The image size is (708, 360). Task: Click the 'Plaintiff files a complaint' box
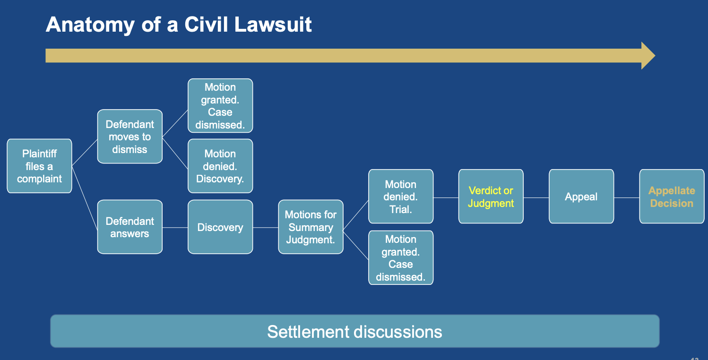tap(39, 166)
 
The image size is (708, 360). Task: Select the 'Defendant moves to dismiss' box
tap(130, 137)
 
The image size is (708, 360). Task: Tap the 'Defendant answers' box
tap(130, 227)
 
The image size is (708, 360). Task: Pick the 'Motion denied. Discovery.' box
tap(220, 166)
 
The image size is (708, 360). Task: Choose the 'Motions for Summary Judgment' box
tap(311, 227)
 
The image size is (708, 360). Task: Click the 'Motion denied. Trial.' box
tap(401, 197)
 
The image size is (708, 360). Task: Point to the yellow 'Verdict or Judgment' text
tap(491, 197)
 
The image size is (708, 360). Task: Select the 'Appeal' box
tap(581, 197)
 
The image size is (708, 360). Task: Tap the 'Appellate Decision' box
tap(672, 197)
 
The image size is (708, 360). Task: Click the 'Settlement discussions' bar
tap(354, 331)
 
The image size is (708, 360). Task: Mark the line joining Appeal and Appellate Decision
tap(627, 197)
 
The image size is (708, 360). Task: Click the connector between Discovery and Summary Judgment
tap(266, 228)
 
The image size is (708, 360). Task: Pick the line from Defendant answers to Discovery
tap(175, 228)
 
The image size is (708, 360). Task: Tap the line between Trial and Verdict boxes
tap(446, 197)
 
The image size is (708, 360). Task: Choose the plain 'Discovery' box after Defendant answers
tap(220, 227)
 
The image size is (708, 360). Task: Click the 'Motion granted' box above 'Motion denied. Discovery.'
tap(220, 106)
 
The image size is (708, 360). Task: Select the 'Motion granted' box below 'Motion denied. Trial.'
tap(401, 258)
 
